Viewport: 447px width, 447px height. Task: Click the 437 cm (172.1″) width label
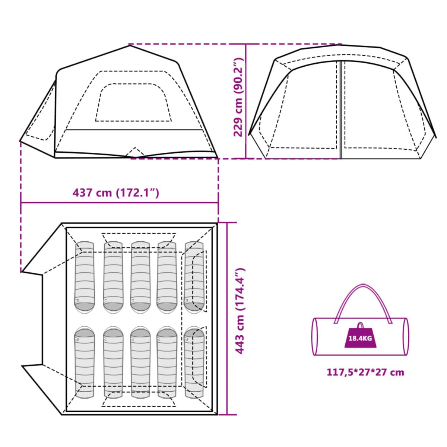[116, 193]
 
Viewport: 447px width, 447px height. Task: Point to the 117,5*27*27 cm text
[365, 372]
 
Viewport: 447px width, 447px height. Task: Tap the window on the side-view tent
[133, 102]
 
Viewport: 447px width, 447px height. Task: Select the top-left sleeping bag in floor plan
[85, 277]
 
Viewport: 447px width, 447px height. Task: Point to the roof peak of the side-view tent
[129, 46]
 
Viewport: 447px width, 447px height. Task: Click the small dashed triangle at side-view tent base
[135, 152]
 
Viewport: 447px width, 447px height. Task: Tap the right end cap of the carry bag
[406, 336]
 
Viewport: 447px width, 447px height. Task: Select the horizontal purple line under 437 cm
[119, 203]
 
